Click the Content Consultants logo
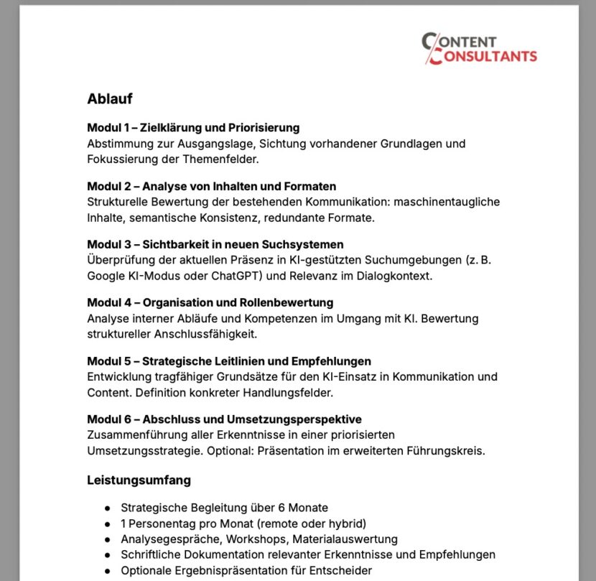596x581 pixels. [478, 49]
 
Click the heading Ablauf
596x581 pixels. [109, 98]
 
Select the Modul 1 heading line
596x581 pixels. [193, 128]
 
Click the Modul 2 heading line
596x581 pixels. [211, 187]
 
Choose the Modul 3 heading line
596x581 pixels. [215, 245]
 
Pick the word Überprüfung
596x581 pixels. [120, 260]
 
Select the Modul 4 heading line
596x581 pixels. [210, 303]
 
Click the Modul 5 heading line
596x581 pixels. [229, 361]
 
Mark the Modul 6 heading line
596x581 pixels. [224, 419]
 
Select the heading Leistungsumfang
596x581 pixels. [139, 480]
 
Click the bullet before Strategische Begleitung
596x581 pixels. [107, 508]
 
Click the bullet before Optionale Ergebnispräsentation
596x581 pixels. [107, 571]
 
